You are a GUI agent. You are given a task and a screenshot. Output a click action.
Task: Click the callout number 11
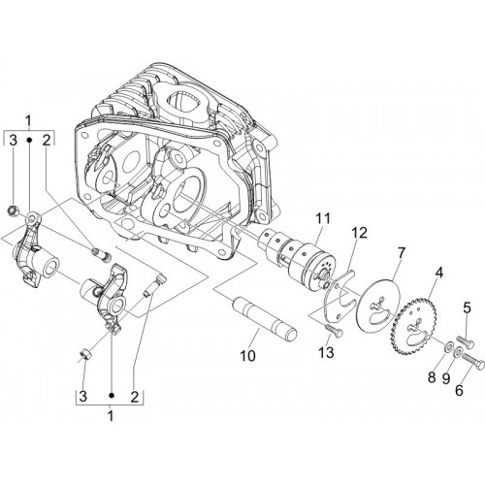click(322, 218)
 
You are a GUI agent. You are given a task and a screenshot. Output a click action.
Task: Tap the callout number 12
click(360, 233)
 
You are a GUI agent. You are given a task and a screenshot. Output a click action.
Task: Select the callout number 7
click(401, 253)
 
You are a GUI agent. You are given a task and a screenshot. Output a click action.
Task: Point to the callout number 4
click(438, 273)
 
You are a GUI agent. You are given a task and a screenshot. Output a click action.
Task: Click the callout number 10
click(467, 308)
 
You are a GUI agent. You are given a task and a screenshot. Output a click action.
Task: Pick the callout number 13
click(459, 391)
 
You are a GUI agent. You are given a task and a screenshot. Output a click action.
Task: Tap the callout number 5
click(432, 377)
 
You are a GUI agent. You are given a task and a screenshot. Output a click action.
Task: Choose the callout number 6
click(445, 379)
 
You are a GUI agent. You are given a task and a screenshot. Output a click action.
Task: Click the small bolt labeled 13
click(333, 331)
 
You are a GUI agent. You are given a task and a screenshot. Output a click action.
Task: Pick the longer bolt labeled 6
click(473, 361)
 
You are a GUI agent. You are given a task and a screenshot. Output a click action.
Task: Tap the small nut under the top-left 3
click(13, 211)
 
